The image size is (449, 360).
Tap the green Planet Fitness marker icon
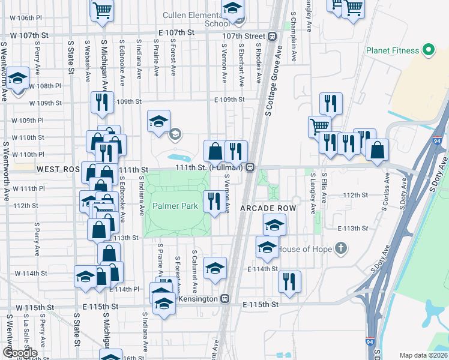[429, 49]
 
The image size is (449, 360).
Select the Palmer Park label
[175, 206]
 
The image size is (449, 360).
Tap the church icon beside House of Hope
[340, 248]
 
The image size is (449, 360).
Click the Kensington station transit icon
[225, 298]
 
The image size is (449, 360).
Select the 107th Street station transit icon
[273, 36]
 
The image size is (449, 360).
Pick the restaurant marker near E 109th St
[101, 103]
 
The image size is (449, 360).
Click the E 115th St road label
[261, 305]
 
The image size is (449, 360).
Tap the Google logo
[20, 353]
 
